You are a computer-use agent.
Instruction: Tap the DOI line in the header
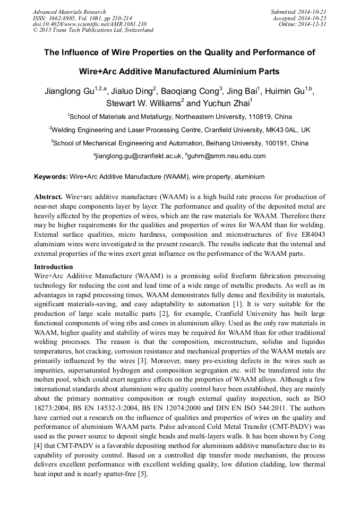coord(90,24)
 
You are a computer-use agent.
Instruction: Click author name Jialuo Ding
coord(132,91)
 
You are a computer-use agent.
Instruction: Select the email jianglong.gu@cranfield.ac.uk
coord(138,156)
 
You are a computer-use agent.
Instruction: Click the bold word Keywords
coord(51,176)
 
